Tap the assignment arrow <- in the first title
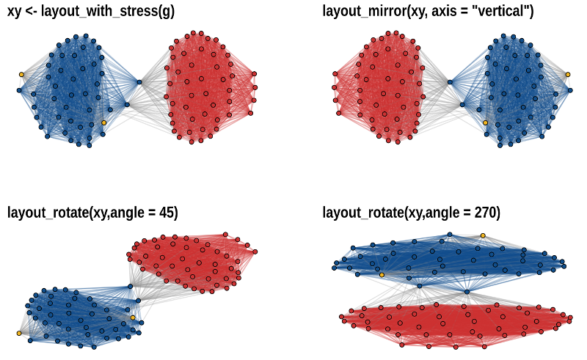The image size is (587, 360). (32, 12)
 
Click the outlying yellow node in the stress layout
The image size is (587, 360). (21, 74)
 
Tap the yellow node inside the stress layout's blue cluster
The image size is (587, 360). (103, 122)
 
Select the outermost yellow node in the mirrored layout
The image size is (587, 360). (567, 74)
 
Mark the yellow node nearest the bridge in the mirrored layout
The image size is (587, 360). (485, 122)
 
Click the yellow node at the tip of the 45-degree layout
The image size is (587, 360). (18, 333)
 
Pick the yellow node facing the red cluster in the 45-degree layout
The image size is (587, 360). (133, 317)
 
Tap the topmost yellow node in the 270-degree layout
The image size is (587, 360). (483, 235)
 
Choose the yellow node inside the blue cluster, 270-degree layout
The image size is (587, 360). (382, 275)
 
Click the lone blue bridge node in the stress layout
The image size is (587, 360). (139, 81)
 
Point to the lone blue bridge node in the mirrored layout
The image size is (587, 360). (449, 81)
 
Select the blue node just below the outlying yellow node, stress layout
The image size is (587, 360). (20, 90)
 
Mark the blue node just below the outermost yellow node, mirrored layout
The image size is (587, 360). (569, 90)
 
